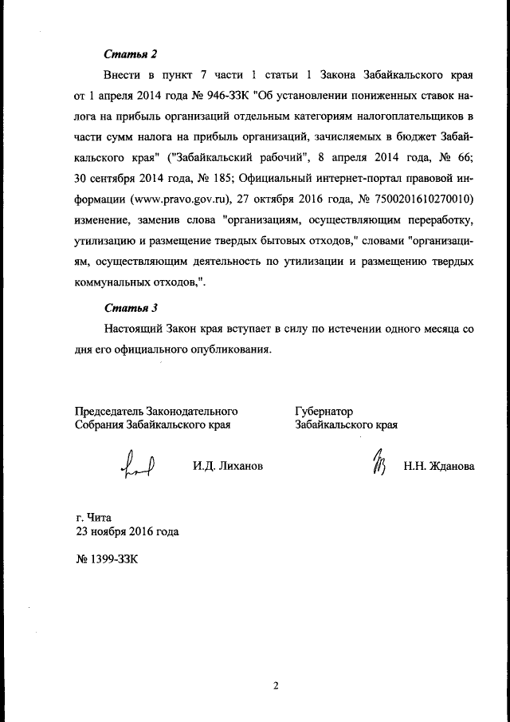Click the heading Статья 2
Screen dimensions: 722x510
pyautogui.click(x=131, y=54)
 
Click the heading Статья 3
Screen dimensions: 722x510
pyautogui.click(x=131, y=307)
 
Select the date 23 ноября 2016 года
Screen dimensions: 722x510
pyautogui.click(x=127, y=531)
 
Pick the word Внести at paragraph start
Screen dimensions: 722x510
pyautogui.click(x=121, y=77)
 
